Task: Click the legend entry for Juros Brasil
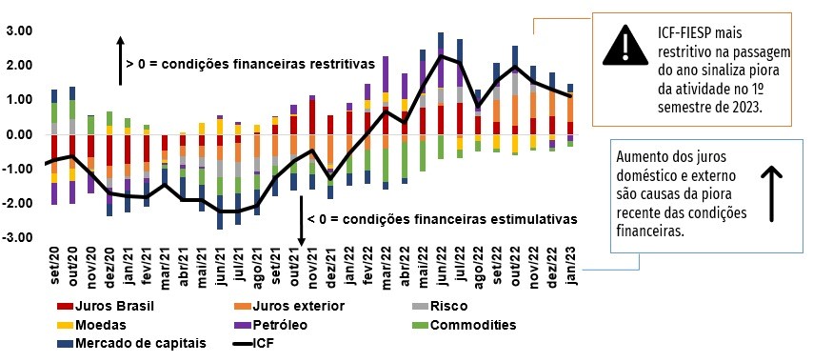pos(110,306)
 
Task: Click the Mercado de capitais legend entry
pos(129,343)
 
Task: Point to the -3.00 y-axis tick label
pos(20,237)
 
